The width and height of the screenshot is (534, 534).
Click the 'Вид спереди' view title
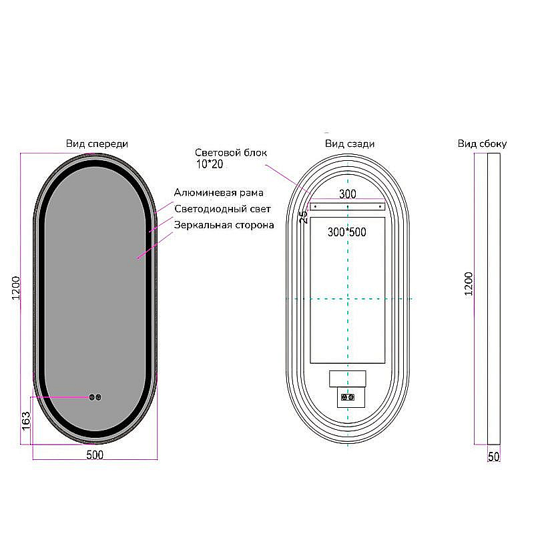(x=97, y=144)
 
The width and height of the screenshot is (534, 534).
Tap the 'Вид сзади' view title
(x=350, y=144)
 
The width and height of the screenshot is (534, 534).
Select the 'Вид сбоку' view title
(x=482, y=144)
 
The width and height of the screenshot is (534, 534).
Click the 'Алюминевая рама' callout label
(x=219, y=193)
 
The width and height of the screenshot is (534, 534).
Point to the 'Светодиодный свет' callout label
(x=222, y=209)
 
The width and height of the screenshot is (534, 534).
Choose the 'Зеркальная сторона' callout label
(x=224, y=225)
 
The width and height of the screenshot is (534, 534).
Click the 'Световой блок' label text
(x=231, y=153)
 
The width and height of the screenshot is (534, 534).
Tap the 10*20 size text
(x=210, y=164)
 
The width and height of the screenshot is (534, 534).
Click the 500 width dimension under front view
(x=95, y=455)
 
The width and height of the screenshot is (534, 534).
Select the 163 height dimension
(x=26, y=421)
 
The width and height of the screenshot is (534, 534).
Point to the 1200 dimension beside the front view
(x=16, y=288)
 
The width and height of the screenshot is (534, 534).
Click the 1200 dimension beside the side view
(x=469, y=284)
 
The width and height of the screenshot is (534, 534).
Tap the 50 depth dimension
(x=493, y=457)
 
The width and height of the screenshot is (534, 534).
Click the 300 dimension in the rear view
(x=348, y=194)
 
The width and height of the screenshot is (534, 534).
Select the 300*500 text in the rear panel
(x=347, y=232)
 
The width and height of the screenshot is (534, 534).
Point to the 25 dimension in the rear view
(x=304, y=217)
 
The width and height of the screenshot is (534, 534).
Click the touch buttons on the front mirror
(x=95, y=397)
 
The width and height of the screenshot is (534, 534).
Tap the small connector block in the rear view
(x=348, y=397)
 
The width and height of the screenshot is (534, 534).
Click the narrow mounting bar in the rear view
(x=347, y=206)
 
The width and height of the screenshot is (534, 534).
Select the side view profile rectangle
(x=494, y=299)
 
